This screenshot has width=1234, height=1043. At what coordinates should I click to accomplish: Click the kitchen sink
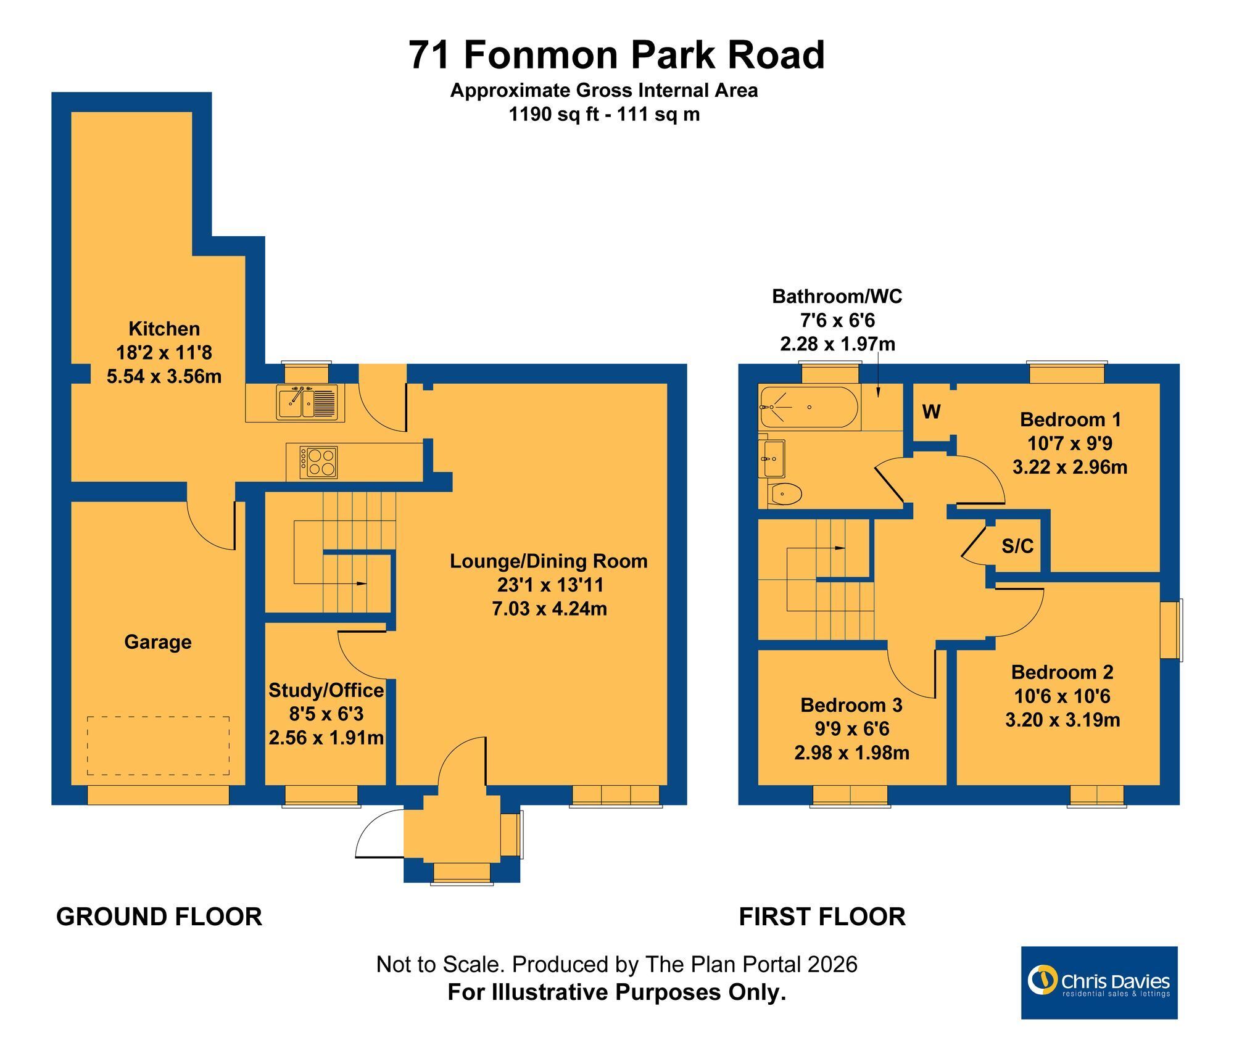[x=306, y=402]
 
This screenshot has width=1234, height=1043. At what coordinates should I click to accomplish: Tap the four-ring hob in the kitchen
[x=319, y=462]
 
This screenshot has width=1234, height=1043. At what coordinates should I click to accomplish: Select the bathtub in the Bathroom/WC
[x=809, y=407]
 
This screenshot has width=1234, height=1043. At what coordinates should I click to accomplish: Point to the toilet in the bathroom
[x=785, y=493]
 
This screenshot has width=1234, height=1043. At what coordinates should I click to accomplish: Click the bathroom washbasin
[x=772, y=458]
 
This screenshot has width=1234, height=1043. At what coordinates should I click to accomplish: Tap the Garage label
[x=158, y=642]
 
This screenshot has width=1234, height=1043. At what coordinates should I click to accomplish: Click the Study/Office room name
[x=326, y=690]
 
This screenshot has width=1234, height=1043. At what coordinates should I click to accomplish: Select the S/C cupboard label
[x=1017, y=546]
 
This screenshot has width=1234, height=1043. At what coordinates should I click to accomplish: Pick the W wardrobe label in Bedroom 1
[x=931, y=411]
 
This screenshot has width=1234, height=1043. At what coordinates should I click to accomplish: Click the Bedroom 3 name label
[x=851, y=704]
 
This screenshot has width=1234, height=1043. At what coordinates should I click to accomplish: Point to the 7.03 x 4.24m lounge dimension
[x=550, y=609]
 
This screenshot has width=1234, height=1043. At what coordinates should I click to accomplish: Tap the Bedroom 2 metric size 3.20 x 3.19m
[x=1062, y=720]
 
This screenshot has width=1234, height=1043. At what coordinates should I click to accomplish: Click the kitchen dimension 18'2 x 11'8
[x=164, y=352]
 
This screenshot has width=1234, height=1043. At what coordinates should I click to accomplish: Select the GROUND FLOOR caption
[x=159, y=917]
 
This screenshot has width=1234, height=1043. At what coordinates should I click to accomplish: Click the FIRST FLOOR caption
[x=822, y=917]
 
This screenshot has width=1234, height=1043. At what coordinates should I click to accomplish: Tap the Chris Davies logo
[x=1099, y=983]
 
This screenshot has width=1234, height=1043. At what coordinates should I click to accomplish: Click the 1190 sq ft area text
[x=553, y=114]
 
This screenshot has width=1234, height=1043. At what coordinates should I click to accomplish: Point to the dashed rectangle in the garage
[x=158, y=746]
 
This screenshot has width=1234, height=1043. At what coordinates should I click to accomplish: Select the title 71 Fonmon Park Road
[x=616, y=54]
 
